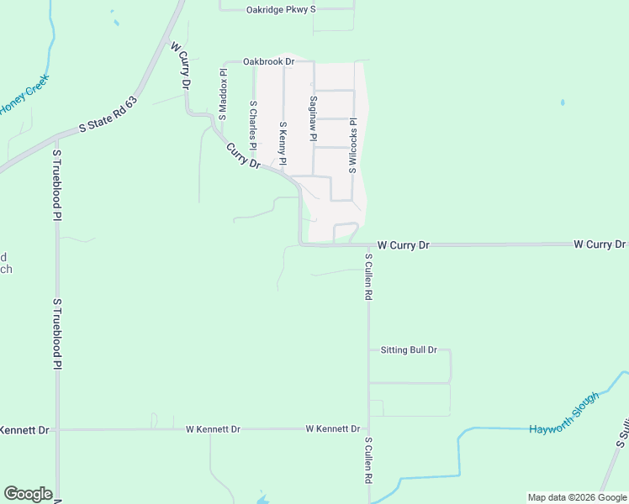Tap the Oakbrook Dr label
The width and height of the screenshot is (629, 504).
(267, 61)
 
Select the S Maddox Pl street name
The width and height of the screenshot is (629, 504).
(224, 95)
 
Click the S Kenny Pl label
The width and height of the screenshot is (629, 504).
(283, 144)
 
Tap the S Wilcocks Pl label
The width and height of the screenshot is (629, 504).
(353, 144)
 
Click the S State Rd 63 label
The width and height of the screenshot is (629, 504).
(108, 114)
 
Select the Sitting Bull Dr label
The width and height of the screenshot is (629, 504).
(409, 349)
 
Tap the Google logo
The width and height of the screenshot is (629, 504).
(28, 494)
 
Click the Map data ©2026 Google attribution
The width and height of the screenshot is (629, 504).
(577, 497)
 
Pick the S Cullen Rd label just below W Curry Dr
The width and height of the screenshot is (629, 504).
(368, 276)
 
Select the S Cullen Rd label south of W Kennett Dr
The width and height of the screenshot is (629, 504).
(368, 459)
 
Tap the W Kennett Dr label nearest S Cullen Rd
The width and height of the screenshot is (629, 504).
(333, 428)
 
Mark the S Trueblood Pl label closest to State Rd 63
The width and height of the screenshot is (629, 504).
(57, 186)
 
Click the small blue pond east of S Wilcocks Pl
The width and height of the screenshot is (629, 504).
(562, 103)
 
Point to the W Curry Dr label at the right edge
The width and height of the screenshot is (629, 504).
(600, 244)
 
